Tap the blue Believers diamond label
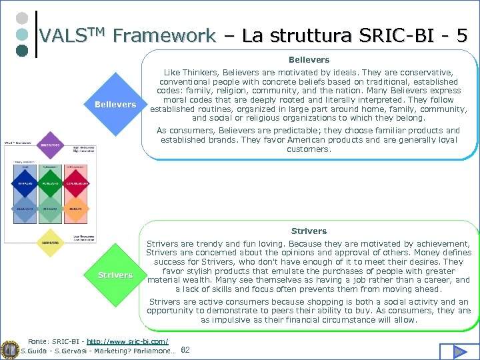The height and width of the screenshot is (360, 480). pos(115,105)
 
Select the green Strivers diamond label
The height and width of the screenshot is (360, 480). pos(115,275)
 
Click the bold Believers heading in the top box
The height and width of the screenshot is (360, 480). pos(309,60)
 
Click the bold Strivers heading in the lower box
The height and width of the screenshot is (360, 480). pos(309,231)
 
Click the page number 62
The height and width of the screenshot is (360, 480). pos(185,350)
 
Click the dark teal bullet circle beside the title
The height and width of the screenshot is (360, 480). pos(21,50)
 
